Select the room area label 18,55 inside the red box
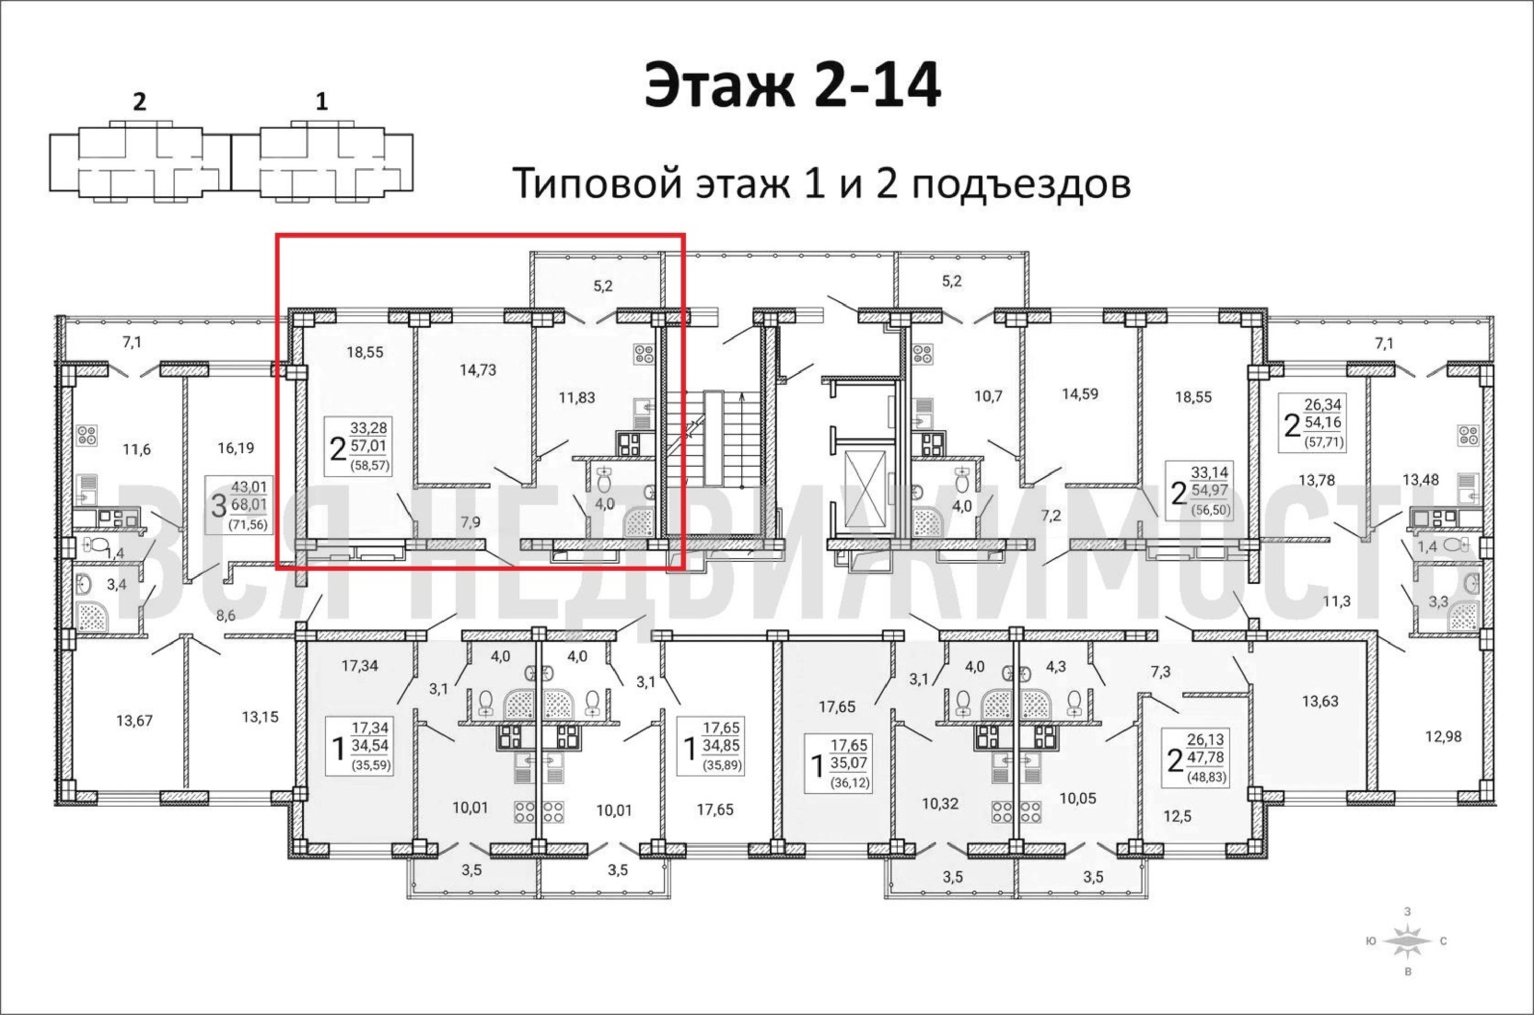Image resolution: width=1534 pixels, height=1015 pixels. click(364, 352)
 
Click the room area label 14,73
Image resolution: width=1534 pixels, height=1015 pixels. click(478, 369)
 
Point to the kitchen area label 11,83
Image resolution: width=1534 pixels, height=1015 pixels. click(576, 397)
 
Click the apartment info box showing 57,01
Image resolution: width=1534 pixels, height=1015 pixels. click(360, 446)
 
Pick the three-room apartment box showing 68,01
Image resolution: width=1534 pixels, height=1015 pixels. click(237, 505)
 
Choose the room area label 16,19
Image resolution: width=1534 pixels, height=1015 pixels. click(235, 447)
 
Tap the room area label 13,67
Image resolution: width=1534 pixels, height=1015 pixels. click(134, 720)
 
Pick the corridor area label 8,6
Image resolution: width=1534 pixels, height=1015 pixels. click(226, 615)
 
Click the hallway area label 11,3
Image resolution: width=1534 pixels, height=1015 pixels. click(1337, 601)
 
